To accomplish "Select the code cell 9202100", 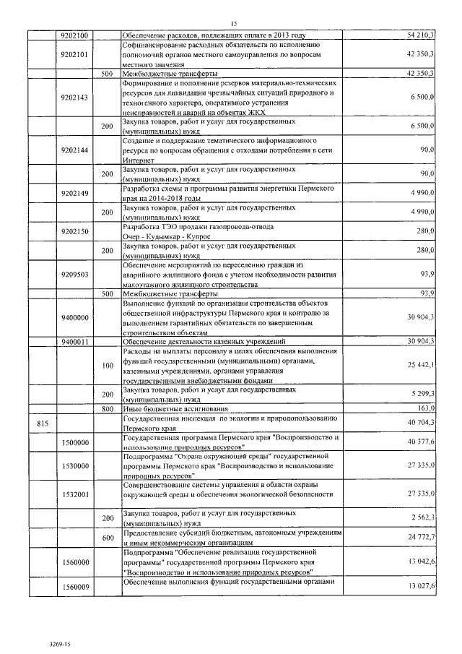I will pos(75,35).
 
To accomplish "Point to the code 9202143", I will pos(75,97).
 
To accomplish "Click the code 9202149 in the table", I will pos(75,193).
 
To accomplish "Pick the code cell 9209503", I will pos(75,274).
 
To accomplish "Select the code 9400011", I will pos(75,341).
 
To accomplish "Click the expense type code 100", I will pos(108,366).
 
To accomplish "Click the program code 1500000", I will pos(75,442).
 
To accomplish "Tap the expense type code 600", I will pos(108,538).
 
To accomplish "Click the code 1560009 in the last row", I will pos(75,586).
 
